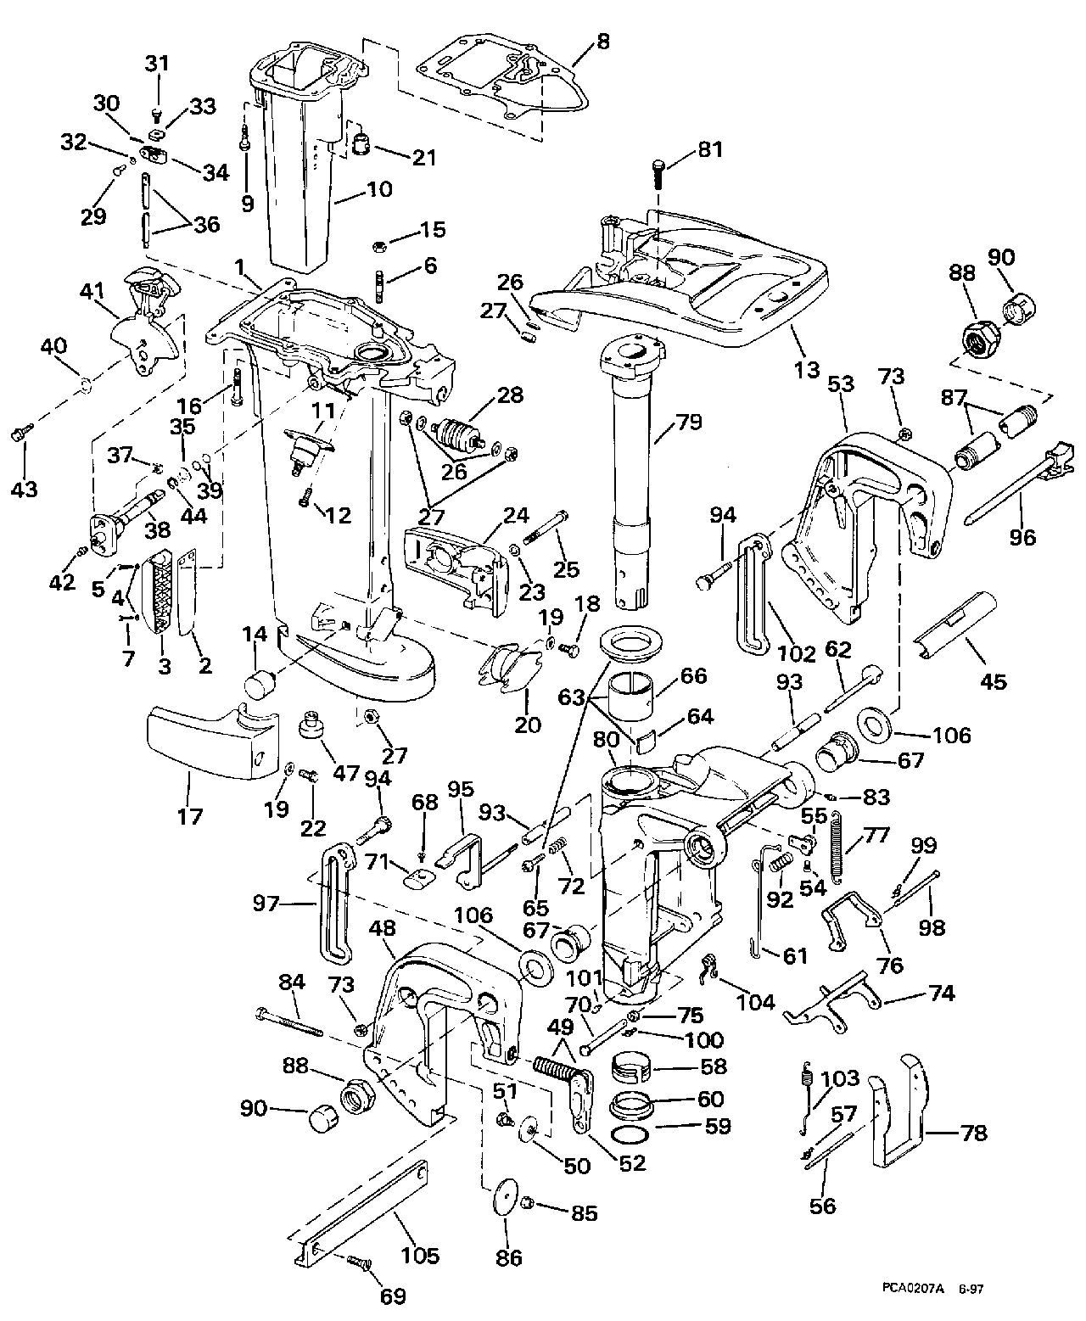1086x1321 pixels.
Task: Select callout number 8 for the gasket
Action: tap(602, 40)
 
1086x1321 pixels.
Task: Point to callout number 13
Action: tap(808, 369)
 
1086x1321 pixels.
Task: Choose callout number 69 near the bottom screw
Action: tap(393, 1296)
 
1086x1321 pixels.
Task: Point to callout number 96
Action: tap(1023, 536)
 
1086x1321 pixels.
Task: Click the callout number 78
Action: tap(974, 1133)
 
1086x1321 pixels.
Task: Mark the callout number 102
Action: tap(798, 653)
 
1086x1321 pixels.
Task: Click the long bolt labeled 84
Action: tap(288, 1021)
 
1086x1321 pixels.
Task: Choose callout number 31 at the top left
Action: tap(158, 64)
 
